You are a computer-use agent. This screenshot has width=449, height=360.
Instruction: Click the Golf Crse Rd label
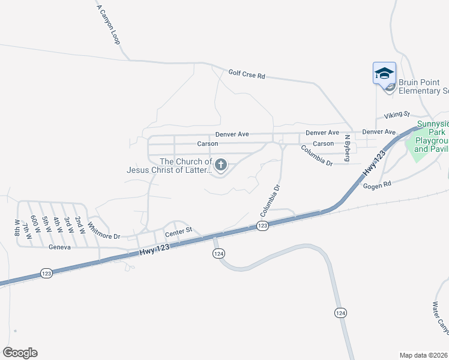247,75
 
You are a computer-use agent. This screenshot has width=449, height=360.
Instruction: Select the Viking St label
397,114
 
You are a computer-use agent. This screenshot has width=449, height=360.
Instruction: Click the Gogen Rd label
377,186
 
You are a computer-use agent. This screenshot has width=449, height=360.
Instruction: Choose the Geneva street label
60,247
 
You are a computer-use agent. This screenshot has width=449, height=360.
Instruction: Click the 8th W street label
17,229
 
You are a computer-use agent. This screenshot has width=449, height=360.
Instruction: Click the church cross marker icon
221,164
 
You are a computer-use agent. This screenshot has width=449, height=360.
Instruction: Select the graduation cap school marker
384,74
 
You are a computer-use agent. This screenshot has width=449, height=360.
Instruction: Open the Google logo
20,353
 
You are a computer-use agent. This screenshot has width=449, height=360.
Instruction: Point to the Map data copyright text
424,355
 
